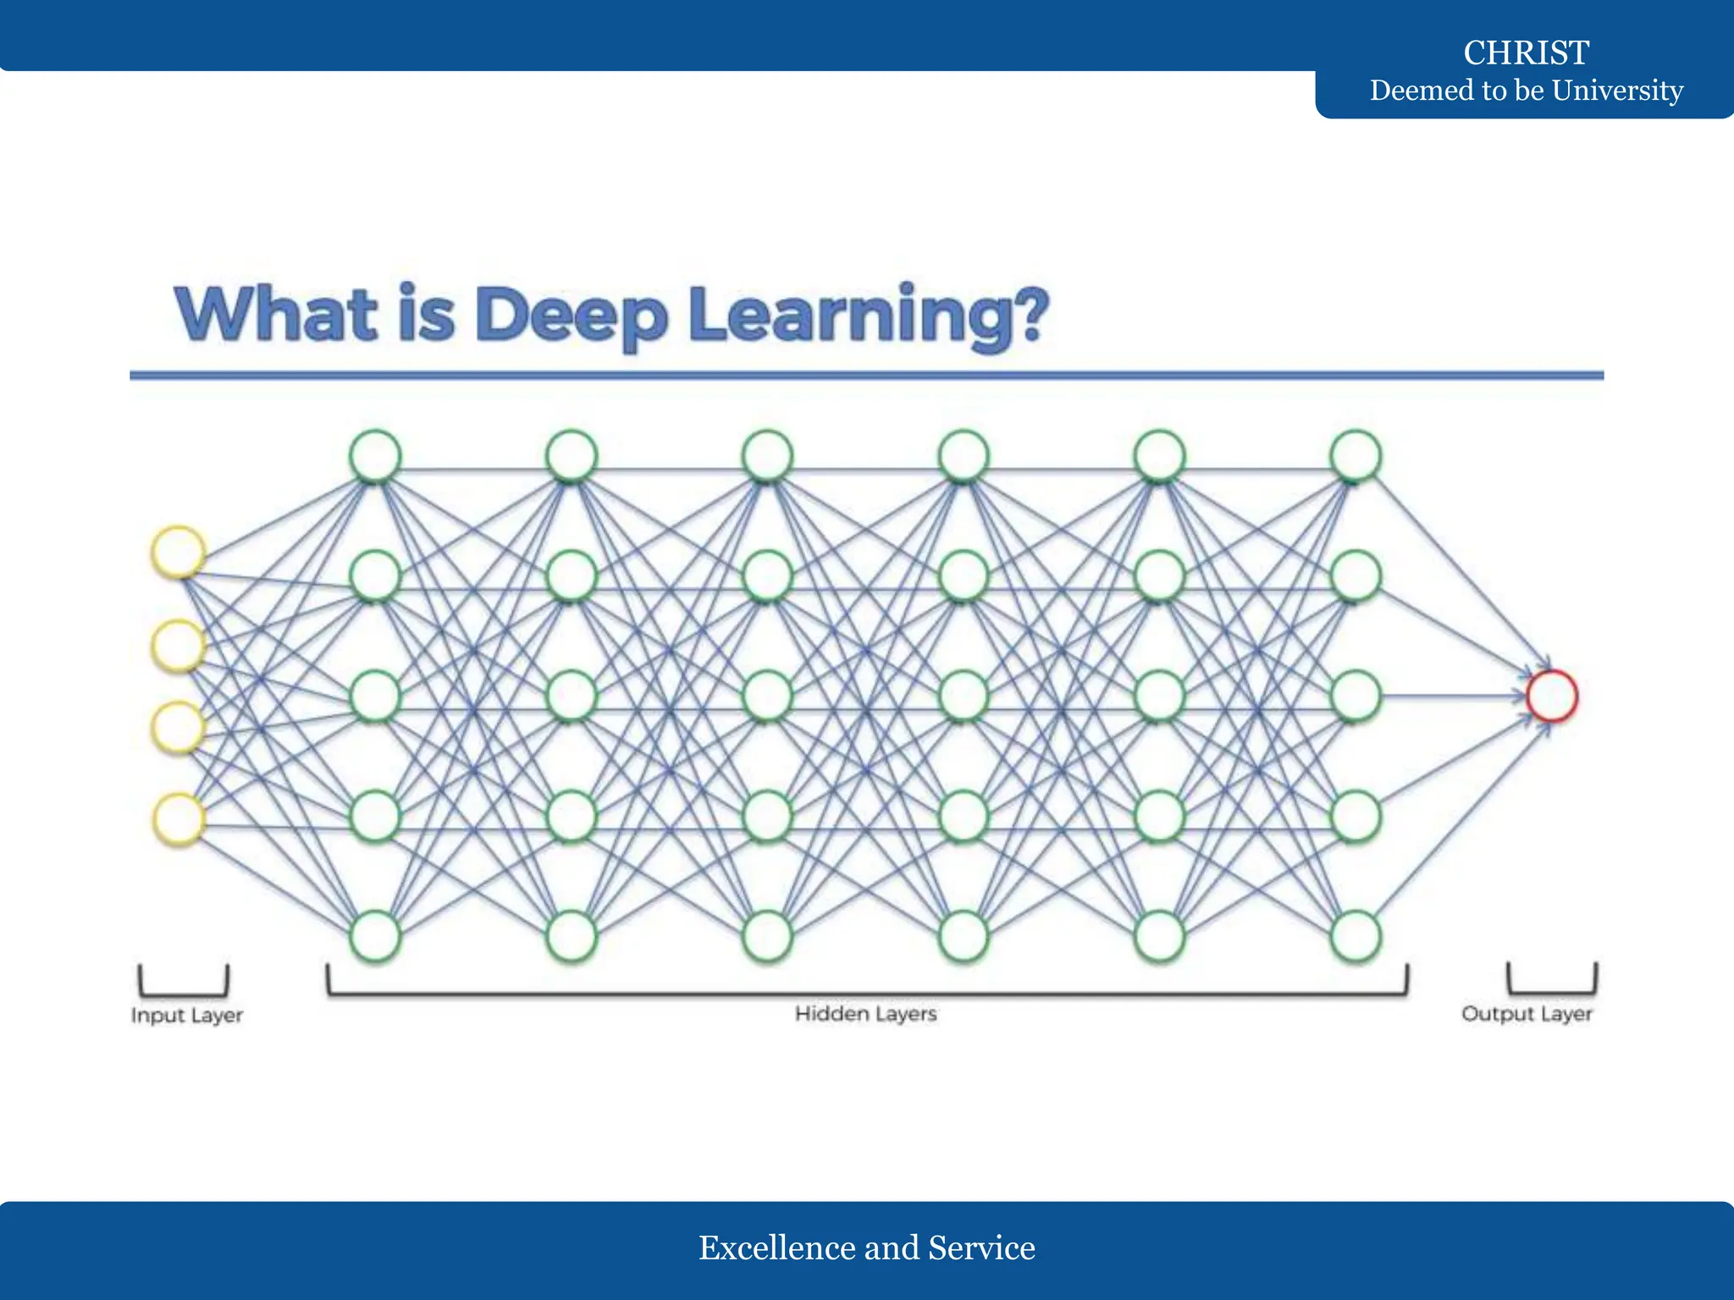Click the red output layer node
point(1552,696)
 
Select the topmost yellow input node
point(179,552)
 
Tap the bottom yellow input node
point(179,818)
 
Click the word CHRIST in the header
point(1526,52)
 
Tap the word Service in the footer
point(981,1248)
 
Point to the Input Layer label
point(187,1015)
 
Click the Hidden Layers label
point(865,1013)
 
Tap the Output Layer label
point(1527,1013)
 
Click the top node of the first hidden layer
point(375,455)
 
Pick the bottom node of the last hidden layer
point(1356,936)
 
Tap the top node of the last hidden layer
point(1356,455)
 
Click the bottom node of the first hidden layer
point(375,936)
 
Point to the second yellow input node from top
point(179,646)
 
